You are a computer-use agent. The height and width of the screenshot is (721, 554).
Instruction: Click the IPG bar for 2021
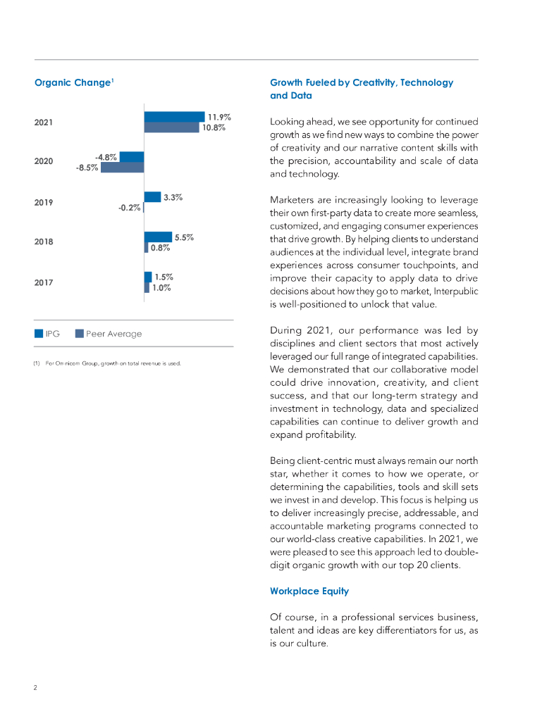click(174, 117)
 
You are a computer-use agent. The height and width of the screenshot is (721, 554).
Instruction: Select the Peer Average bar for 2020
click(122, 168)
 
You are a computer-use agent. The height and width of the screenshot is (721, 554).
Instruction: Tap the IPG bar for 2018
click(158, 237)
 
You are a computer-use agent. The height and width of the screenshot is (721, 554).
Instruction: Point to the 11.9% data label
click(219, 117)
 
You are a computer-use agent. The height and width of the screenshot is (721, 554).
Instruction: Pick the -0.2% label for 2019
click(129, 208)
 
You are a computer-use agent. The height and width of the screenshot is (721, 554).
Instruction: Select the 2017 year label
click(44, 283)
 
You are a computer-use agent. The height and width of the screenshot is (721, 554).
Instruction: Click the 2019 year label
click(44, 203)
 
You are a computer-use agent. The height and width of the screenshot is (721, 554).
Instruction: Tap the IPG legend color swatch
click(39, 334)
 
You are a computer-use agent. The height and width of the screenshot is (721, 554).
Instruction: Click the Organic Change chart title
click(74, 83)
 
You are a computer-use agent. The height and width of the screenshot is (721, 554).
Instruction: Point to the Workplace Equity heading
click(309, 591)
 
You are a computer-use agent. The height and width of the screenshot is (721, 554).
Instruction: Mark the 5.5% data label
click(185, 237)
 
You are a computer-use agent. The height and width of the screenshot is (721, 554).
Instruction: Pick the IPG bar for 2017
click(148, 277)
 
